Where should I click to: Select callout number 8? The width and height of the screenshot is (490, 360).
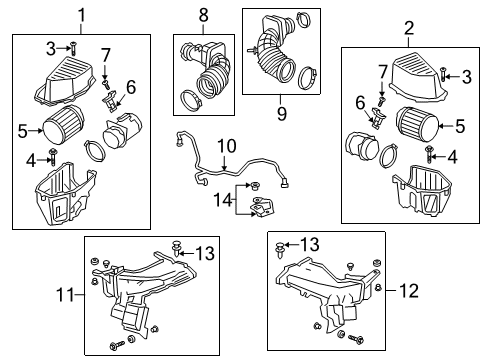point(203,16)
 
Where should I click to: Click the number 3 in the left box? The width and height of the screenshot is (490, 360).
point(51,47)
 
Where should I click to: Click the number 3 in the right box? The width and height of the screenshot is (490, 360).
point(467,75)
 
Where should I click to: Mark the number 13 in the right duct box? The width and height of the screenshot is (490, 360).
point(311,243)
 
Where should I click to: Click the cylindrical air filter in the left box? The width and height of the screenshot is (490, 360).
point(65,129)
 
